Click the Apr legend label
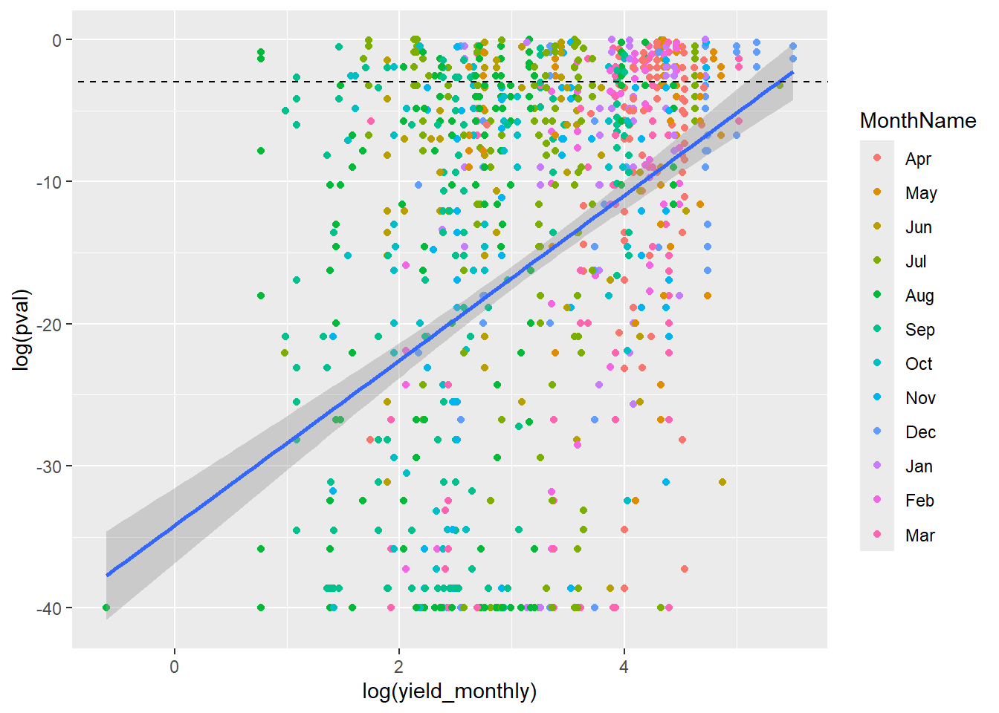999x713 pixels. coord(918,159)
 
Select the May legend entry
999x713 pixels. coord(921,193)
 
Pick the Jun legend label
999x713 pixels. coord(919,227)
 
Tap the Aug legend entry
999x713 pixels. coord(919,296)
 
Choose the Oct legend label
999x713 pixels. coord(919,364)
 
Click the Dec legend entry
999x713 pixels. coord(920,432)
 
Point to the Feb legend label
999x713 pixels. coord(919,501)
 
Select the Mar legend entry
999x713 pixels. coord(920,535)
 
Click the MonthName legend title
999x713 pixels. coord(918,120)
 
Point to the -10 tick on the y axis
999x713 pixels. coord(49,182)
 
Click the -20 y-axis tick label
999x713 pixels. coord(49,324)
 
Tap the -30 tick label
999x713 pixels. coord(49,466)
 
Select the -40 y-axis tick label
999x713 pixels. coord(49,608)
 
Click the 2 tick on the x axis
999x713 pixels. coord(399,666)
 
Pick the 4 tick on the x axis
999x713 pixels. coord(624,666)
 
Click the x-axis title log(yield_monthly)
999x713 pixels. coord(449,691)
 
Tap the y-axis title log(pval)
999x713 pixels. coord(22,330)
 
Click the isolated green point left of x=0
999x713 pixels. coord(106,608)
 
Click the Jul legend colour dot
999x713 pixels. coord(877,261)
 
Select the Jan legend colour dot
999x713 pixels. coord(877,466)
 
